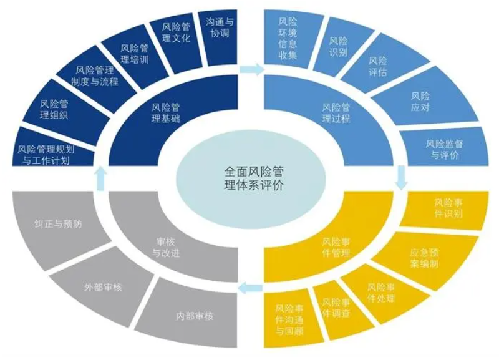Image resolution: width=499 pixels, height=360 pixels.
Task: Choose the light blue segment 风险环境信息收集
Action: tap(287, 37)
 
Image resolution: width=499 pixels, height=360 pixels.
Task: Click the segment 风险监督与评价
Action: tap(444, 149)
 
